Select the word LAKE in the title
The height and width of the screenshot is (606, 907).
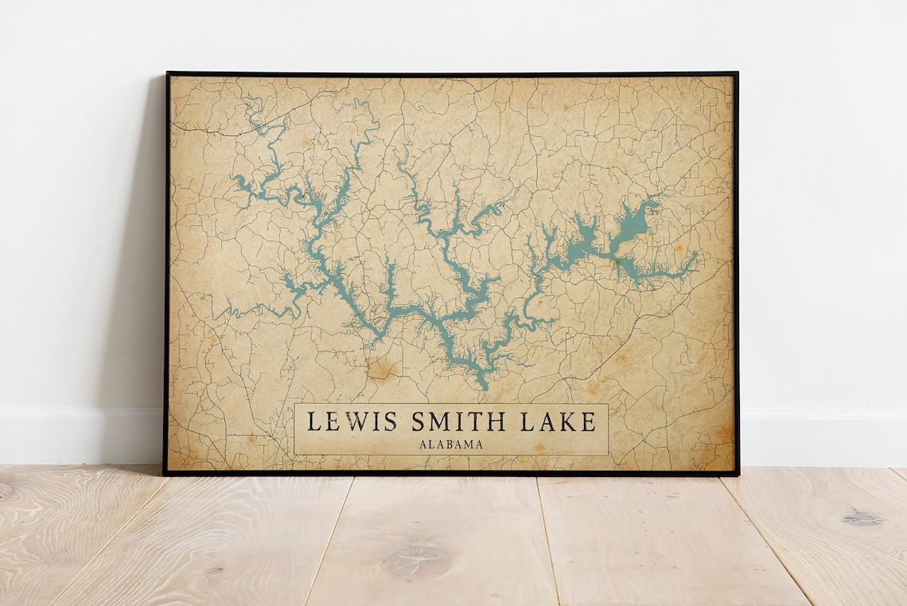coord(557,420)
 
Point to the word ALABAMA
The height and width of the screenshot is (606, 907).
coord(450,444)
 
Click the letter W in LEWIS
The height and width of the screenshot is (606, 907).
coord(352,420)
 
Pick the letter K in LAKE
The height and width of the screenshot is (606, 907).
coord(568,420)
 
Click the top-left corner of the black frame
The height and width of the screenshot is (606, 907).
coord(167,74)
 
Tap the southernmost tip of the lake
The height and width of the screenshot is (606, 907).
coord(481,389)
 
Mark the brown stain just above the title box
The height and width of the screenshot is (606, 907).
coord(385,369)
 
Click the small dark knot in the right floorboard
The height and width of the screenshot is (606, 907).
coord(862,518)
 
